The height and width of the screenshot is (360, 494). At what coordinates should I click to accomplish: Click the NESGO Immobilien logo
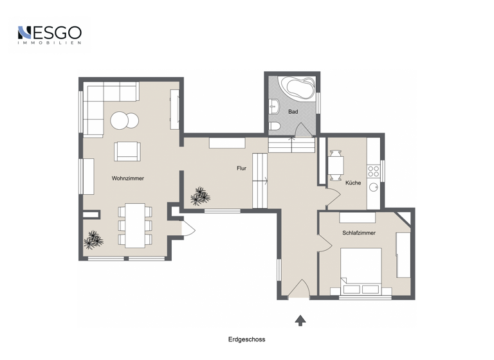tap(49, 35)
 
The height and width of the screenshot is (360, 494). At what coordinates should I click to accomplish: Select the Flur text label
tap(241, 168)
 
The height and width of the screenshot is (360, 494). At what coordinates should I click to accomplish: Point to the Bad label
tap(293, 112)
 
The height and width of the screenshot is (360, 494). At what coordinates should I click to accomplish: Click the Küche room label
tap(352, 183)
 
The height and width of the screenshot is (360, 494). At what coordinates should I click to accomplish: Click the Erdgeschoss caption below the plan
tap(246, 339)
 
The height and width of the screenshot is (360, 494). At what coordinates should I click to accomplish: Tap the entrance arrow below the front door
tap(300, 319)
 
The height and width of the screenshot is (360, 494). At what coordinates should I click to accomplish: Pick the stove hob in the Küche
tap(373, 170)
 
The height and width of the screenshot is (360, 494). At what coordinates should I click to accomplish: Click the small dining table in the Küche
tap(336, 165)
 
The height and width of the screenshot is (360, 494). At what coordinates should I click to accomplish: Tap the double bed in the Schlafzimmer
tap(362, 269)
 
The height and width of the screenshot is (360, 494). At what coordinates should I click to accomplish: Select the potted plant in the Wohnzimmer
tap(93, 240)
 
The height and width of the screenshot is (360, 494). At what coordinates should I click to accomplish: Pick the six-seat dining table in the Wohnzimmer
tap(135, 225)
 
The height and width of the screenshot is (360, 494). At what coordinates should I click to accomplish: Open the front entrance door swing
tap(298, 289)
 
